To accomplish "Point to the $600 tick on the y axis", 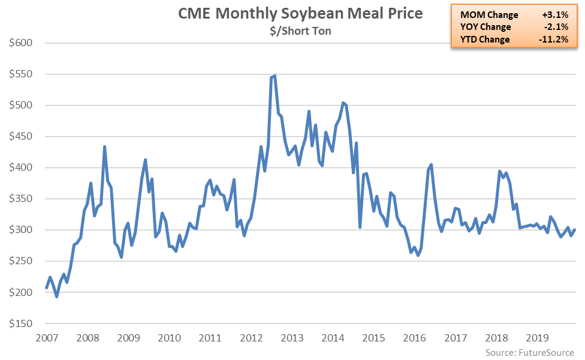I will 21,43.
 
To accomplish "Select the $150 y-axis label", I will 21,323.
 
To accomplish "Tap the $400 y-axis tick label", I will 21,168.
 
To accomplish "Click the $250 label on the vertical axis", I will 21,261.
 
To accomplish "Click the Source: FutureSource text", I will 530,352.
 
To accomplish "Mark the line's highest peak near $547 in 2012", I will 275,76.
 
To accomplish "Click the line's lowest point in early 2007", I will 57,297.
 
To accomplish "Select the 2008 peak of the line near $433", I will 104,147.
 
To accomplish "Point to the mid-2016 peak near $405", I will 431,165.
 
